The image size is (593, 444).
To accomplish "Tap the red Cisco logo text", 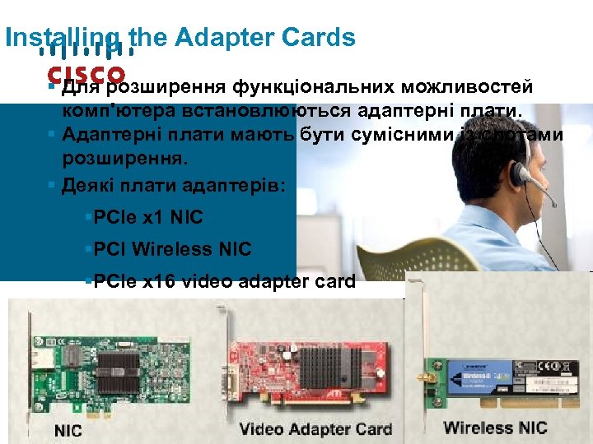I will (x=86, y=74).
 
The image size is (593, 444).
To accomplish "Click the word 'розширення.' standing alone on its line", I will (x=108, y=155).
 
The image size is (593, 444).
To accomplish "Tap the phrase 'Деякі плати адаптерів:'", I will (x=174, y=185).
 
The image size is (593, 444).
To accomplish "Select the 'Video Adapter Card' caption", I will (x=315, y=428).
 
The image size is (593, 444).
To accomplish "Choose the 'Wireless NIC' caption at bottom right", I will (x=495, y=428).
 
